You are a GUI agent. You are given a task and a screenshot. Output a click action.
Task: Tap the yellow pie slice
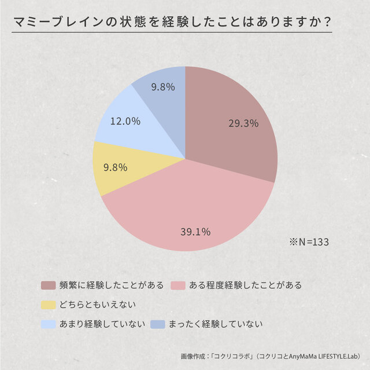(116, 171)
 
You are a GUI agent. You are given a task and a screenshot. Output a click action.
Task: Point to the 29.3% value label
(243, 123)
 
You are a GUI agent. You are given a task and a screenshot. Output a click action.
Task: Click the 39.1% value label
(195, 232)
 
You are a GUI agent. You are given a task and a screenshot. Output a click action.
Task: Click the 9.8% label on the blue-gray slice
(163, 87)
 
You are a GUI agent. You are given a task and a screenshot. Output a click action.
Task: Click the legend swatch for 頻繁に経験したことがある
(48, 285)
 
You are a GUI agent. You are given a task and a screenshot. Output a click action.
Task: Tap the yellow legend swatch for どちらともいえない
(48, 304)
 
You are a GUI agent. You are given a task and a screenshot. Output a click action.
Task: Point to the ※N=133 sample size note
(309, 241)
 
